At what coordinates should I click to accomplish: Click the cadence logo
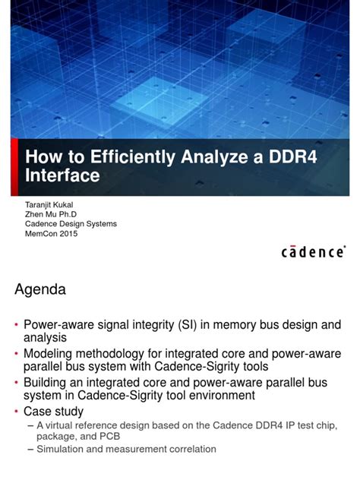tap(314, 251)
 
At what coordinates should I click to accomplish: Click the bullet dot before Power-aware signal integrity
tap(17, 325)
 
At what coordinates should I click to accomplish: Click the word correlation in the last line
tap(191, 449)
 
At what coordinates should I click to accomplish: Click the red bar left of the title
tap(14, 167)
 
